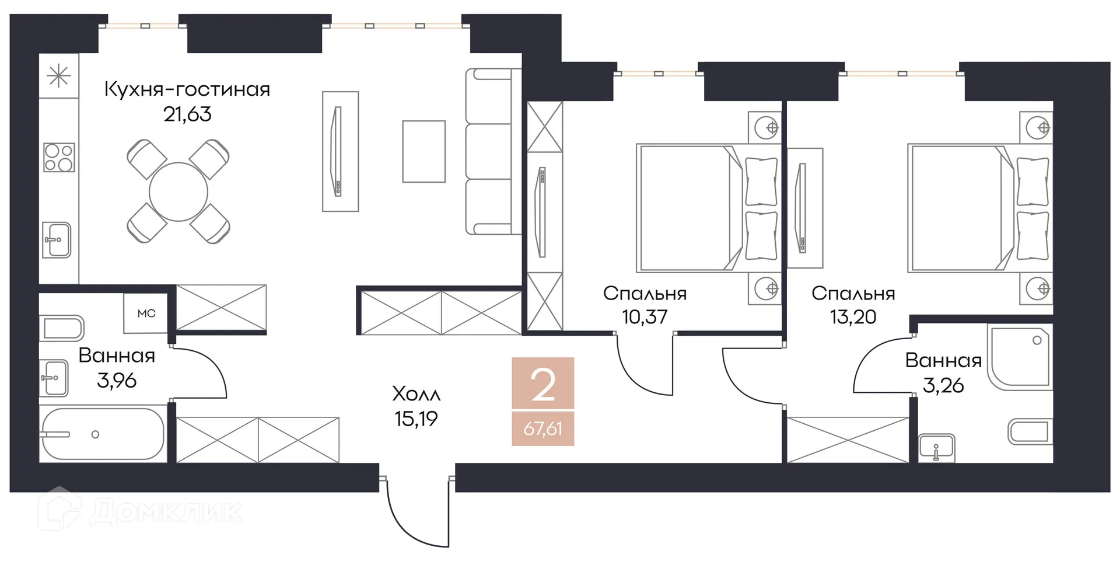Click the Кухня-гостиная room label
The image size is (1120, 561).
point(187,89)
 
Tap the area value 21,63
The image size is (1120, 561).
point(187,114)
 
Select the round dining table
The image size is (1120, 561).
point(178,191)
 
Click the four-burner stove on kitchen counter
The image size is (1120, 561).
point(59,158)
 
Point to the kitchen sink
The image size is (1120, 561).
point(57,240)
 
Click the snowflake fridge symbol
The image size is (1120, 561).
point(58,76)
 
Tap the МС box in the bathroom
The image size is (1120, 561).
point(146,313)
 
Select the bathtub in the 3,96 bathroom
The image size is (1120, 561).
point(103,434)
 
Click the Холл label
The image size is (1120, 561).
point(416,394)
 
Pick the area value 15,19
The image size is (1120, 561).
point(416,419)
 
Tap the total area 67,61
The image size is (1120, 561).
point(543,429)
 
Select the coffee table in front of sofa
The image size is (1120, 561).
point(424,152)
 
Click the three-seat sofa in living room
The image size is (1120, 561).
point(490,152)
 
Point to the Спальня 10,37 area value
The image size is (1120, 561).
point(645,317)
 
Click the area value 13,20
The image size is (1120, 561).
point(853,317)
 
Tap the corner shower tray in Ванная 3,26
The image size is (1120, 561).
point(1021,357)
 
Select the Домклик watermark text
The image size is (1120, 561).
point(166,511)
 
